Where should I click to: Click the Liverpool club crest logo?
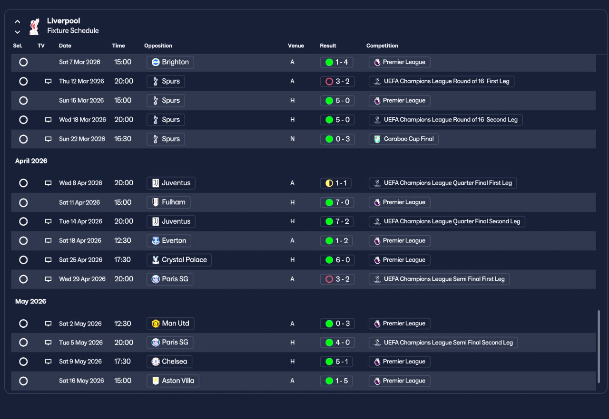pos(34,26)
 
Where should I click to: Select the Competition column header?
pos(382,46)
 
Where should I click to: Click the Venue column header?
pos(296,46)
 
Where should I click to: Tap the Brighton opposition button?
pos(170,62)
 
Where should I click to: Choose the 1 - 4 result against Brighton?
pos(336,62)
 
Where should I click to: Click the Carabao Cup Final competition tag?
pos(403,139)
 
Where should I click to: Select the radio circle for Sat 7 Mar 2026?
pos(23,62)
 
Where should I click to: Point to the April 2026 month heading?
pos(31,161)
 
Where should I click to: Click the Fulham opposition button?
pos(168,202)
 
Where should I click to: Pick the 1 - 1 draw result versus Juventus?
pos(336,183)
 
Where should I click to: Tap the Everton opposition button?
pos(169,241)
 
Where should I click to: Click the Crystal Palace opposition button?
pos(179,260)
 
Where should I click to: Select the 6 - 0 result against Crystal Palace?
pos(337,260)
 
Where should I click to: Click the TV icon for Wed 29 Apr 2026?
pos(48,279)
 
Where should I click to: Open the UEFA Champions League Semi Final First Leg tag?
pos(439,279)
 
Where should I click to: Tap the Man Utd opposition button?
pos(170,324)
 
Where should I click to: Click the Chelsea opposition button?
pos(169,362)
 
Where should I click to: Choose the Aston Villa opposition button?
pos(173,381)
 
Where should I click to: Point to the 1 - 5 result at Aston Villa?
pos(336,381)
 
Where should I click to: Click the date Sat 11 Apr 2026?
pos(79,202)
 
